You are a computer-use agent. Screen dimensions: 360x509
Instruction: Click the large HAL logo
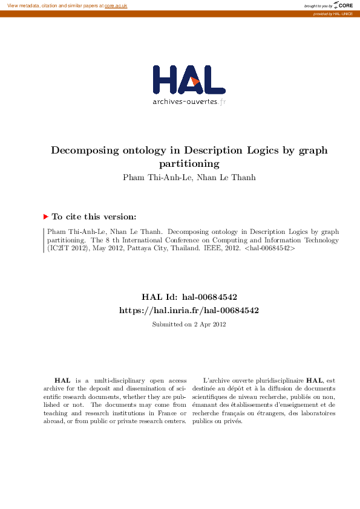tap(189, 80)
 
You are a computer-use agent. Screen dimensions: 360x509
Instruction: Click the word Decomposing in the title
tap(83, 151)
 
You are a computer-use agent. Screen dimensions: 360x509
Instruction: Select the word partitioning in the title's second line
tap(189, 163)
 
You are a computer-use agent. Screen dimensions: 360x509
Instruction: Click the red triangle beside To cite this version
tap(45, 216)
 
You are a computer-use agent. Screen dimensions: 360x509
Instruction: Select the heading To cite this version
tap(94, 216)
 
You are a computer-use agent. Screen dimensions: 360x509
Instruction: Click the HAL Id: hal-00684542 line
tap(189, 297)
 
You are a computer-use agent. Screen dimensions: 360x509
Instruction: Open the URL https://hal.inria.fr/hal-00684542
tap(189, 310)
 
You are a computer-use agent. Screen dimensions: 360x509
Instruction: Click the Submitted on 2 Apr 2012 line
tap(189, 324)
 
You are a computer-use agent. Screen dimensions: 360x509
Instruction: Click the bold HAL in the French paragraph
tap(315, 380)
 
